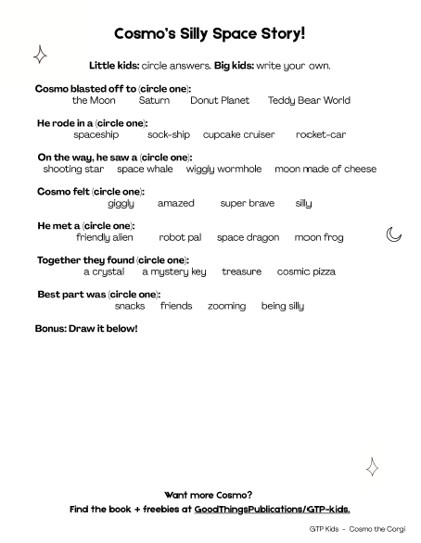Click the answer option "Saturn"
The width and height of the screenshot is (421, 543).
[x=154, y=100]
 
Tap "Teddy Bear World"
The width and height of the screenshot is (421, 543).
[x=309, y=100]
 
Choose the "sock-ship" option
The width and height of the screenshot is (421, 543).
[x=168, y=134]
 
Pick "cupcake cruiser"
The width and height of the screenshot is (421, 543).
[x=238, y=134]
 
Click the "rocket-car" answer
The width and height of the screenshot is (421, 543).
[x=321, y=134]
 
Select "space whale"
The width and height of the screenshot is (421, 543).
[x=145, y=169]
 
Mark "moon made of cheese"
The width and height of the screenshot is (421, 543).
[x=325, y=169]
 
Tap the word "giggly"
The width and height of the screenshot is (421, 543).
[x=121, y=203]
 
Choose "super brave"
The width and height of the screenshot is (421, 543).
[x=248, y=203]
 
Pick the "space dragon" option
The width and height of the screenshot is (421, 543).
[x=248, y=237]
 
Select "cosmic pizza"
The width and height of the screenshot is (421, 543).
[x=306, y=271]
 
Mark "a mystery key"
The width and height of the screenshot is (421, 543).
[x=174, y=271]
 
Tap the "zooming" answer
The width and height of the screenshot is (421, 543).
[x=226, y=306]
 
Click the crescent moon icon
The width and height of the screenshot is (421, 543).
[x=394, y=234]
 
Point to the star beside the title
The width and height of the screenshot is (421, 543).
[x=40, y=56]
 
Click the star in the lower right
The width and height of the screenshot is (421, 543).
[x=372, y=467]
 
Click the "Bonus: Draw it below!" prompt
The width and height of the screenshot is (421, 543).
[x=85, y=329]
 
